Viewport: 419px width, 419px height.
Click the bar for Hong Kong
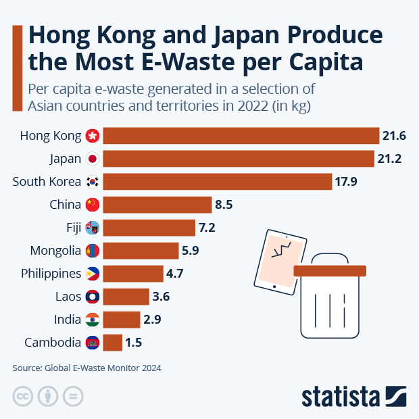(241, 136)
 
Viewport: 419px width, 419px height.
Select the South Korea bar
(218, 182)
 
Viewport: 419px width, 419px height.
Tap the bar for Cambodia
(113, 343)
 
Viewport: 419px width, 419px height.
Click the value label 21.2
(389, 159)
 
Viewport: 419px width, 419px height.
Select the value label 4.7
(177, 274)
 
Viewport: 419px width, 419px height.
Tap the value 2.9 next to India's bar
(151, 320)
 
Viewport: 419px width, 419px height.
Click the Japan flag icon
(93, 159)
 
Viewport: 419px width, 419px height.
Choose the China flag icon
(93, 205)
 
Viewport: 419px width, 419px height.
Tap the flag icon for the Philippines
(93, 274)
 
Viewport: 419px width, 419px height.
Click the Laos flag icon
(93, 297)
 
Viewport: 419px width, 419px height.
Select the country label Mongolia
(55, 251)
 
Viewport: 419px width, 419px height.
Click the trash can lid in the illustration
(330, 270)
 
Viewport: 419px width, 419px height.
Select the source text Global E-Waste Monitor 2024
(103, 368)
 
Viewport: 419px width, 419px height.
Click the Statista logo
(353, 396)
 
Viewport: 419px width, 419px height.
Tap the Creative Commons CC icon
(23, 396)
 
